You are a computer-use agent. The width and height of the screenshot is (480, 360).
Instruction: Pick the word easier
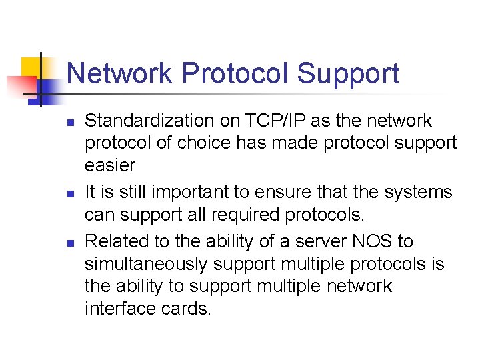pyautogui.click(x=109, y=165)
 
